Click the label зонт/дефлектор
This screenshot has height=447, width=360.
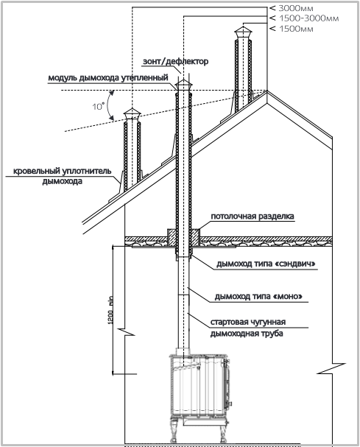pos(175,61)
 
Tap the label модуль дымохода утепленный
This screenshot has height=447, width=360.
pos(108,78)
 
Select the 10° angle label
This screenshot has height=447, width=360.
pos(97,106)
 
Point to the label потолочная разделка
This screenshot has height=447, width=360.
pos(253,217)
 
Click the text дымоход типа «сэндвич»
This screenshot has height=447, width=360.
pos(266,264)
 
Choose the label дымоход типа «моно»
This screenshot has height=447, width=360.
pos(258,297)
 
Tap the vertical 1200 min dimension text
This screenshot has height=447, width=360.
pos(111,310)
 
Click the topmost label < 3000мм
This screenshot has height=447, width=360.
pos(292,8)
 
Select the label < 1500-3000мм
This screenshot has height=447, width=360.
pos(304,18)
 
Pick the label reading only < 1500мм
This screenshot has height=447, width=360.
pos(292,29)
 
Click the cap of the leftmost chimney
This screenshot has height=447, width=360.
pos(132,115)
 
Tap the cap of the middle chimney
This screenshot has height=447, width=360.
pos(183,85)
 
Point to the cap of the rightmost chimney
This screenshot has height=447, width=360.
pos(243,32)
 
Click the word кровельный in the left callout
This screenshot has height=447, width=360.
pos(36,172)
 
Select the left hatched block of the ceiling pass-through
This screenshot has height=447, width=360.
pos(172,237)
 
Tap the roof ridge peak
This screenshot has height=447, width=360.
pos(267,91)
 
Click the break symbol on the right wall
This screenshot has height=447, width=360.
pos(332,368)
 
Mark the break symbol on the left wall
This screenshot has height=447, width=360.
pos(125,333)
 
